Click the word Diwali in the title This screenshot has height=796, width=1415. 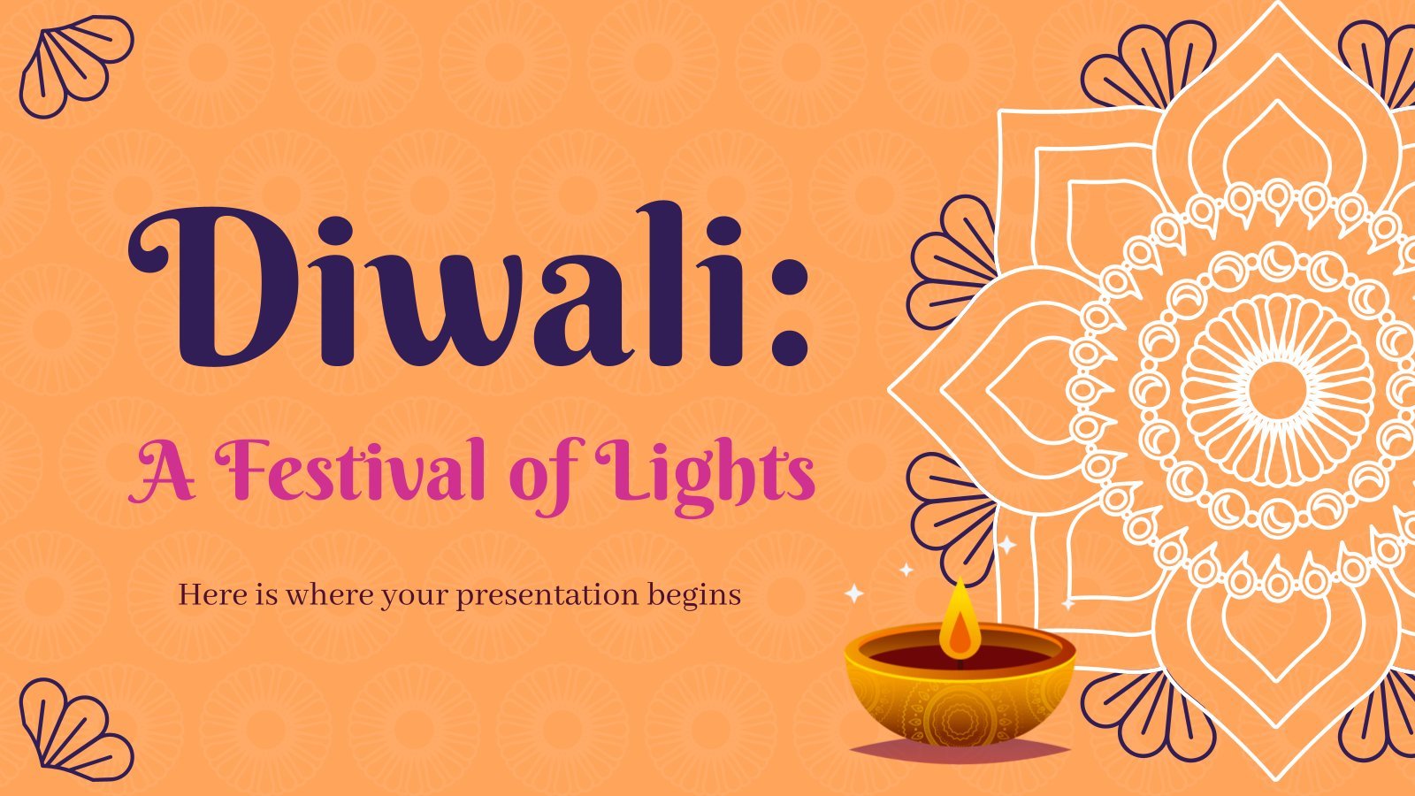tap(436, 285)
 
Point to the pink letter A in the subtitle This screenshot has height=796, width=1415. tap(161, 473)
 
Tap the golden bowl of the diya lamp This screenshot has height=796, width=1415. tap(960, 695)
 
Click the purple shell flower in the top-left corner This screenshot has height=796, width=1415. tap(76, 66)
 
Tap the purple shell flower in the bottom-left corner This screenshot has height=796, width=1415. tap(76, 730)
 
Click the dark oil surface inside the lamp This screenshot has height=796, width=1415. tap(960, 658)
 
